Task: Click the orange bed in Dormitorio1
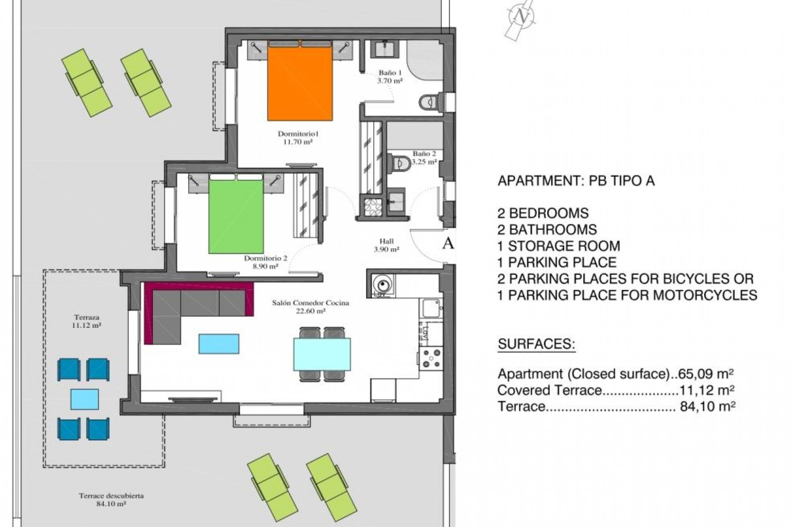click(300, 82)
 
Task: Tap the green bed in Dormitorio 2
click(236, 216)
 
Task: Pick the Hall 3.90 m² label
click(386, 245)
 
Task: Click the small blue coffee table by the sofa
click(219, 344)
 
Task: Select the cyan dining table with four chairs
click(322, 354)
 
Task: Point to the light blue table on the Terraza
click(84, 399)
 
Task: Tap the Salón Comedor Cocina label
click(310, 307)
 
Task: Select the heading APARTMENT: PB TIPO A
click(576, 181)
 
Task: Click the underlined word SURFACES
click(536, 344)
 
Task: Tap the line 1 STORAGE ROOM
click(558, 246)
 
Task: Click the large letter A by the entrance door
click(448, 243)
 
